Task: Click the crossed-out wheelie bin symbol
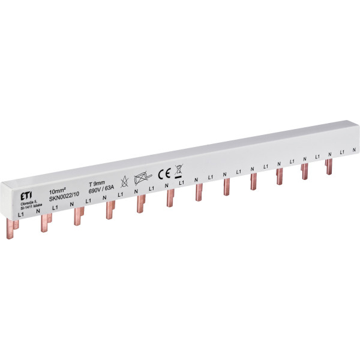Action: [179, 170]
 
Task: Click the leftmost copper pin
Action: [16, 225]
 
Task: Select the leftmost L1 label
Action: [21, 213]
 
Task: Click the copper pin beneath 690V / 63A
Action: [109, 209]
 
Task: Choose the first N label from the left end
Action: [38, 211]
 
